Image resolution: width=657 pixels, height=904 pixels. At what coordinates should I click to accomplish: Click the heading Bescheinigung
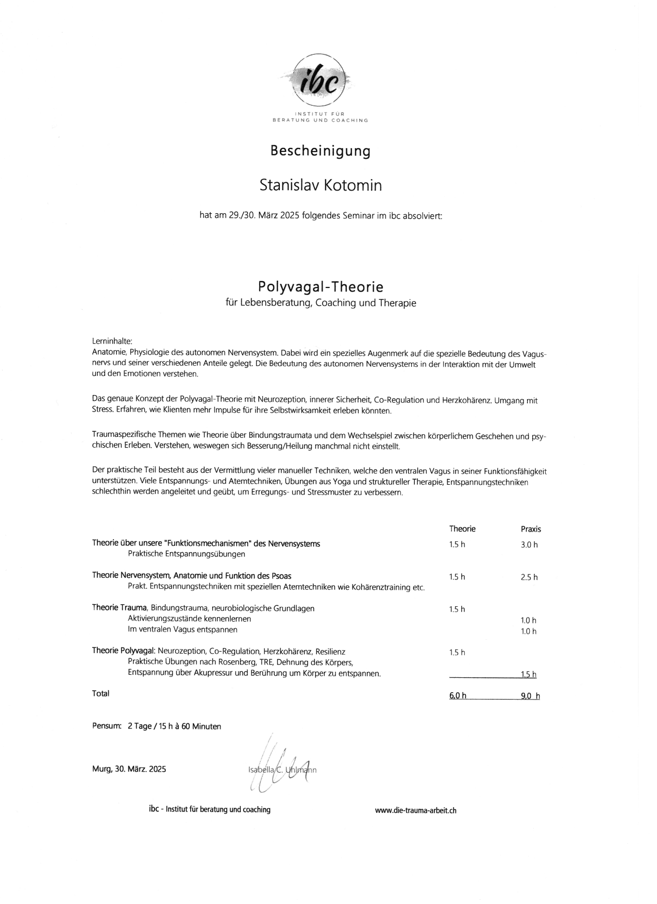(320, 151)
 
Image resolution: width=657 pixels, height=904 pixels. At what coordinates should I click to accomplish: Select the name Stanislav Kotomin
(321, 185)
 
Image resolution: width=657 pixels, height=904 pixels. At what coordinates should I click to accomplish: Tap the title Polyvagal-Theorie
(321, 286)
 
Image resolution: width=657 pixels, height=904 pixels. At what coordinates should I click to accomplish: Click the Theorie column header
(462, 529)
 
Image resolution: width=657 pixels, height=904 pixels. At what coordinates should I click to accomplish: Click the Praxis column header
(531, 530)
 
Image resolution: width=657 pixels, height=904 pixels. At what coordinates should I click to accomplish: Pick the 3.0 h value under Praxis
(529, 545)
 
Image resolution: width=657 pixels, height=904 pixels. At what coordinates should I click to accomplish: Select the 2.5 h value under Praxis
(529, 577)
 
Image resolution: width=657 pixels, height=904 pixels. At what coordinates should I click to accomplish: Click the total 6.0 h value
(458, 696)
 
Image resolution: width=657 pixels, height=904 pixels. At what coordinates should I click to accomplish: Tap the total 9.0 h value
(530, 696)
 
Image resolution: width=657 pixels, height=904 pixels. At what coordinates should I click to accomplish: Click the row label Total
(101, 694)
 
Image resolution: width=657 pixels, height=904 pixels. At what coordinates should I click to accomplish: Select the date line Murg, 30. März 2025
(129, 770)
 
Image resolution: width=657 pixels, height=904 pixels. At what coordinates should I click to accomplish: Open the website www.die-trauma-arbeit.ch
(415, 811)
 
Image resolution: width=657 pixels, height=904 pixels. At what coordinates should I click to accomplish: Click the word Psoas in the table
(281, 576)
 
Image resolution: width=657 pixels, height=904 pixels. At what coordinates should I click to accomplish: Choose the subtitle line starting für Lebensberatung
(321, 303)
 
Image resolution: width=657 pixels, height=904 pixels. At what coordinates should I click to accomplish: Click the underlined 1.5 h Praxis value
(529, 675)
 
